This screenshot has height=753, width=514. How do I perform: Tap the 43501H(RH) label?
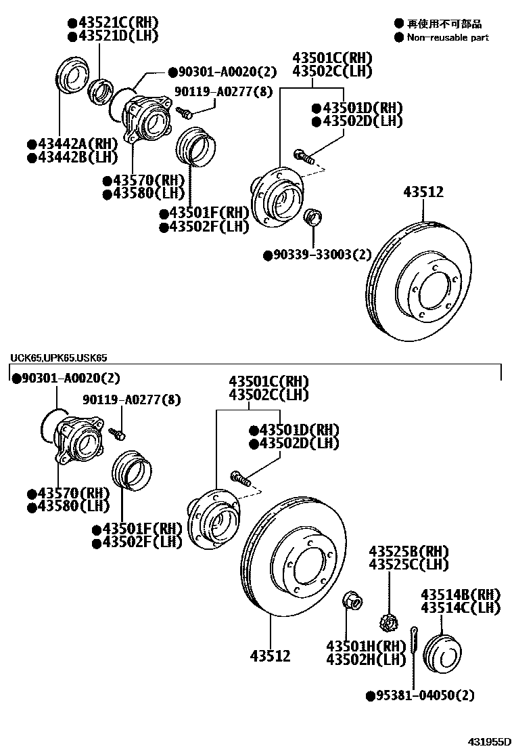pos(366,646)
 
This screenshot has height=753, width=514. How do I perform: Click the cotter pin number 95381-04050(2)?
pos(424,695)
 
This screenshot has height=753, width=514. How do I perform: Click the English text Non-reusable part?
pos(447,38)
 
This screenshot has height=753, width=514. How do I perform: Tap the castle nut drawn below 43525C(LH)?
pos(388,620)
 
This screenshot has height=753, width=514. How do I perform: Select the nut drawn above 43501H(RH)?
pos(352,601)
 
